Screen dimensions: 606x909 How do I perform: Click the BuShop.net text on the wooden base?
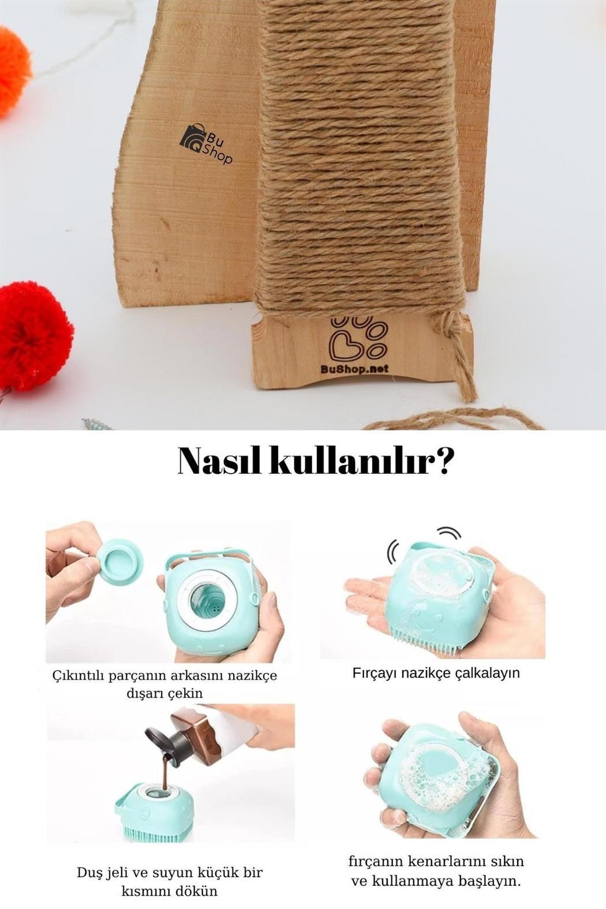[x=354, y=369]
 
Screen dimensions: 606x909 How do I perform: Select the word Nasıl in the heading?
[x=220, y=462]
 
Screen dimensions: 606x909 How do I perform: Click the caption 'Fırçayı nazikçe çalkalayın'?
[x=436, y=673]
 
